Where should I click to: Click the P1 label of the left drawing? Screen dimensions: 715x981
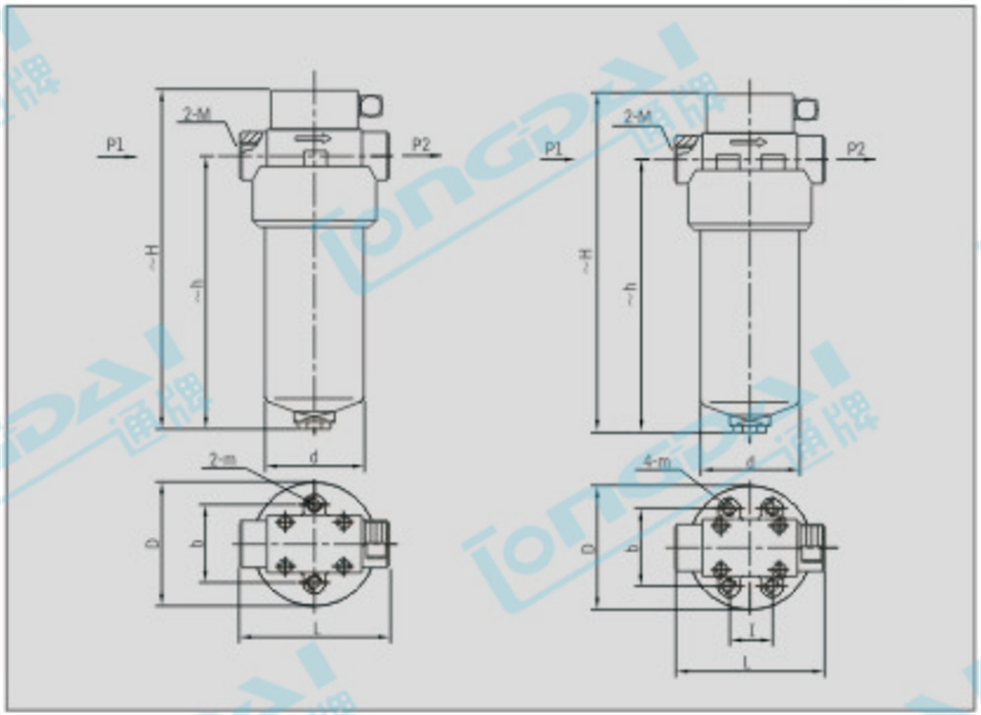pyautogui.click(x=115, y=144)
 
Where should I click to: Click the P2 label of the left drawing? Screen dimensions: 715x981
pyautogui.click(x=421, y=144)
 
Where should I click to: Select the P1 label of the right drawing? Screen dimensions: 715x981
pyautogui.click(x=553, y=148)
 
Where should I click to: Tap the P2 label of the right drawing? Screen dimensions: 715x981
pyautogui.click(x=855, y=148)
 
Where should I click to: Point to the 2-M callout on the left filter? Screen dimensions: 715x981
pyautogui.click(x=196, y=116)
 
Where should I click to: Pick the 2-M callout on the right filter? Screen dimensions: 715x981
pyautogui.click(x=637, y=117)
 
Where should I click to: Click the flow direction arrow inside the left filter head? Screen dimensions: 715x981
pyautogui.click(x=313, y=138)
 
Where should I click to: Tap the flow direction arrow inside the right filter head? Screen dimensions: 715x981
pyautogui.click(x=749, y=141)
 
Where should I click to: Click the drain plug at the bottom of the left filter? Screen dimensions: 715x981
pyautogui.click(x=313, y=421)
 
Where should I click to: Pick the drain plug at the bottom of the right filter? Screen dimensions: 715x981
pyautogui.click(x=749, y=423)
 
